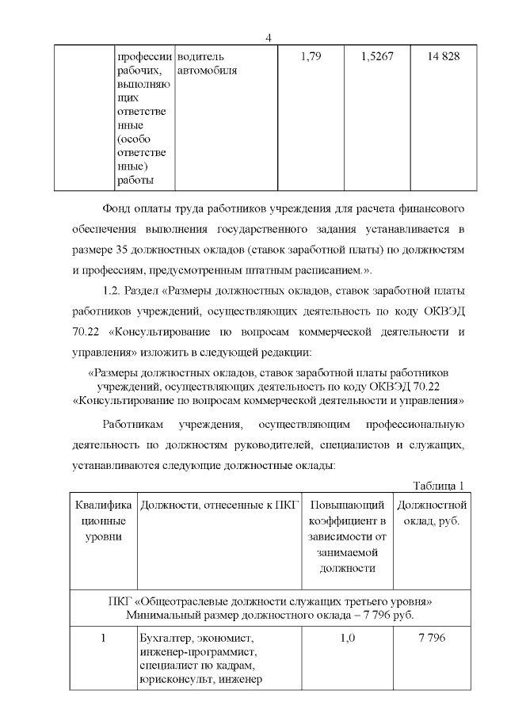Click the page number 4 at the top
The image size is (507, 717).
[x=269, y=39]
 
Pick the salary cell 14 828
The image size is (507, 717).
[x=443, y=57]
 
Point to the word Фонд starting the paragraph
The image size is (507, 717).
[x=117, y=209]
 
